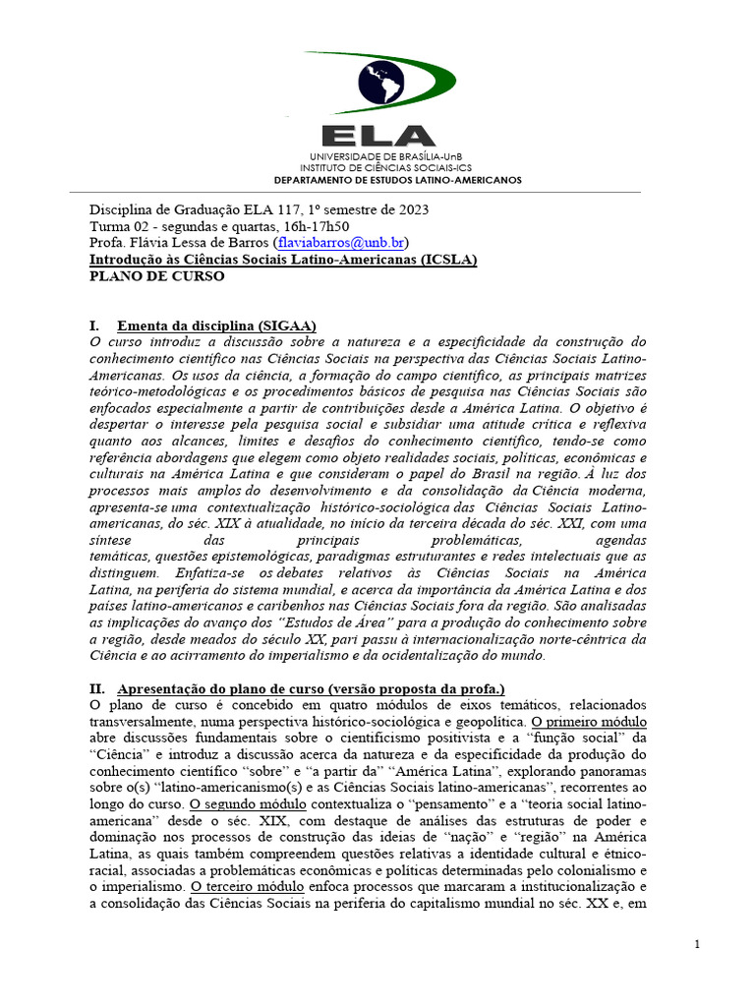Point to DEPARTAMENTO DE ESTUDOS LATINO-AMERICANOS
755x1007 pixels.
click(397, 180)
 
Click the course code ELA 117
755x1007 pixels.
click(265, 209)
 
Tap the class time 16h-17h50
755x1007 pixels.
click(314, 226)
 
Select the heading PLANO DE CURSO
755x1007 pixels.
click(156, 276)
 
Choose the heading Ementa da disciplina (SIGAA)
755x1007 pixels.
click(216, 326)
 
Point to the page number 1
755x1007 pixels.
click(696, 944)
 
